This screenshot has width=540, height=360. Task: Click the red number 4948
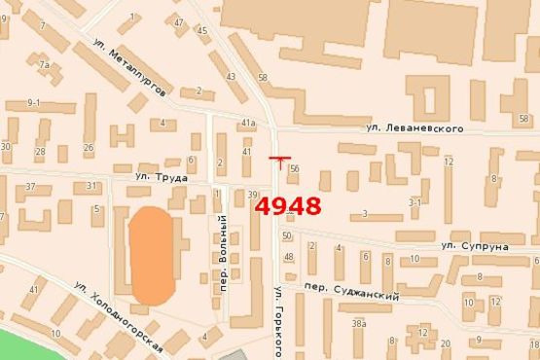click(288, 206)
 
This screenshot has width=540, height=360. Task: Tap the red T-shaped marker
click(279, 160)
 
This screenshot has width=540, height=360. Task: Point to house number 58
click(263, 78)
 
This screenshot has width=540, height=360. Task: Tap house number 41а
click(247, 123)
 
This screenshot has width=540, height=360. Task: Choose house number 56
click(294, 168)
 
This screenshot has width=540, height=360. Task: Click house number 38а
click(359, 323)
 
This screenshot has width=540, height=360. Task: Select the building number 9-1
click(35, 102)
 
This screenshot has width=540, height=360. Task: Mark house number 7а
click(44, 64)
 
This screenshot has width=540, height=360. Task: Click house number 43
click(230, 76)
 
